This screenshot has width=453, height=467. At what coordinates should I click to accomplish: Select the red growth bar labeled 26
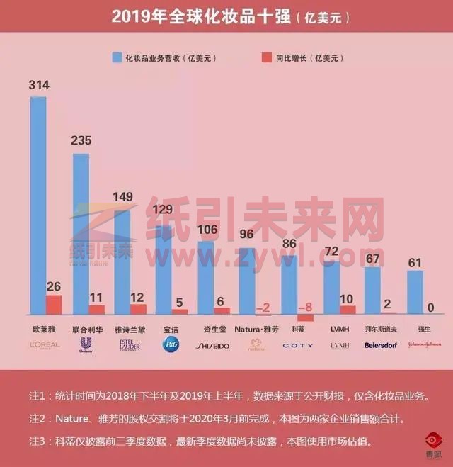[54, 305]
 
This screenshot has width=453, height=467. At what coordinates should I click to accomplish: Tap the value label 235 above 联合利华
[81, 140]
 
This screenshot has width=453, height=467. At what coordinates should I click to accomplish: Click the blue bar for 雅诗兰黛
[122, 259]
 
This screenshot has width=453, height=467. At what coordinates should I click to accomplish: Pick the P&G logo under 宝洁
[171, 344]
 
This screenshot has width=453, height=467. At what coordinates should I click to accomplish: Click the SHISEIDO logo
[212, 345]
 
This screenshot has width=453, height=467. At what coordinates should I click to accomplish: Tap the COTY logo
[297, 345]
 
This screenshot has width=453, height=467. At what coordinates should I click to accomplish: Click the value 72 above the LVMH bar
[333, 252]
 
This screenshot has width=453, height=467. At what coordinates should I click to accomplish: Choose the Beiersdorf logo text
[381, 345]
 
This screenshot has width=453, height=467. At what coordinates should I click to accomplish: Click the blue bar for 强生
[415, 292]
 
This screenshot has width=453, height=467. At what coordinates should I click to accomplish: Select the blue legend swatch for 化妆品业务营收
[117, 58]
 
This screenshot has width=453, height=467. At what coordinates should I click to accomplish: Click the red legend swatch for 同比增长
[266, 58]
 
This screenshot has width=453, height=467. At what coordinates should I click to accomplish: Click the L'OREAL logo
[45, 345]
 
